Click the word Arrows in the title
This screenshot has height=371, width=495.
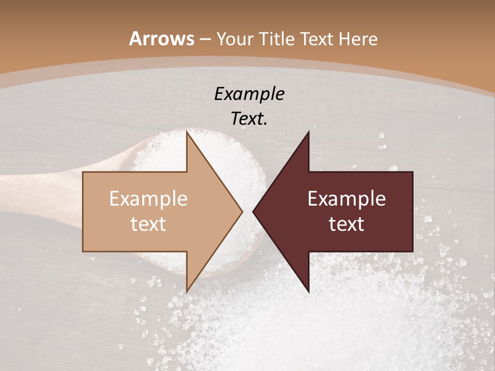[161, 39]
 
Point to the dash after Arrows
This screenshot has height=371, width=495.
[205, 39]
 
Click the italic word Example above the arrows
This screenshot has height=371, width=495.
[249, 94]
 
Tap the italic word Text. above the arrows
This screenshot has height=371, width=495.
[249, 119]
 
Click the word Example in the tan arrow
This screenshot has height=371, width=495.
[148, 198]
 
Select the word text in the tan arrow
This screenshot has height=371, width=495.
[148, 224]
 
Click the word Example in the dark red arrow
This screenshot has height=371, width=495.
[346, 198]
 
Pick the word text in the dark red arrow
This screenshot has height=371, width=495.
[346, 224]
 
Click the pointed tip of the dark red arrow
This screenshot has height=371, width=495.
[254, 211]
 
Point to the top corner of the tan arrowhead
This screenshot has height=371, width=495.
[187, 132]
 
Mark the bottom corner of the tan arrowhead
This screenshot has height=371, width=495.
[187, 291]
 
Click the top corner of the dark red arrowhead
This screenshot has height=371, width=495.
[308, 132]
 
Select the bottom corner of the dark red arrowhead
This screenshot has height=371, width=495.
[308, 291]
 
